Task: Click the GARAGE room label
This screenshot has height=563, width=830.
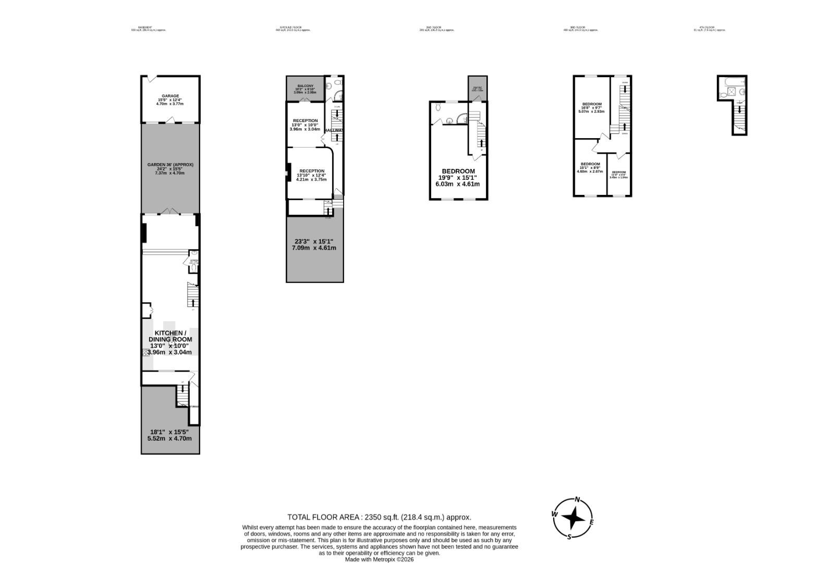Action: pos(170,96)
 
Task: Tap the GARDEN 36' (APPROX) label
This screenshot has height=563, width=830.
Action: pos(170,165)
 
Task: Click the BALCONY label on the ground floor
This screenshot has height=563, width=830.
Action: pos(306,85)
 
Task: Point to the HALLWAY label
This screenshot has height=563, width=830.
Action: pos(334,130)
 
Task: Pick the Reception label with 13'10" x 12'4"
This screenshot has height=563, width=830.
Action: pos(311,171)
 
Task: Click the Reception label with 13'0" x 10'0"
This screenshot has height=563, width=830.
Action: pos(305,121)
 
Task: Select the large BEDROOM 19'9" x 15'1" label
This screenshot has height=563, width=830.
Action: pos(458,171)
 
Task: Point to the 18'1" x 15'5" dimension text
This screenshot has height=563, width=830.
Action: pos(169,432)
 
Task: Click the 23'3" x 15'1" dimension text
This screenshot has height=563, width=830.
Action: pos(314,241)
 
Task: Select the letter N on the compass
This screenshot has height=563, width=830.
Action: pos(577,499)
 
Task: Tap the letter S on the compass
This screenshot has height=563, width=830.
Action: pos(569,537)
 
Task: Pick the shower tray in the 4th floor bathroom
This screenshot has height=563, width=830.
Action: pos(732,92)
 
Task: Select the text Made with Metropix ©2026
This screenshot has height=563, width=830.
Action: pos(379,559)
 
